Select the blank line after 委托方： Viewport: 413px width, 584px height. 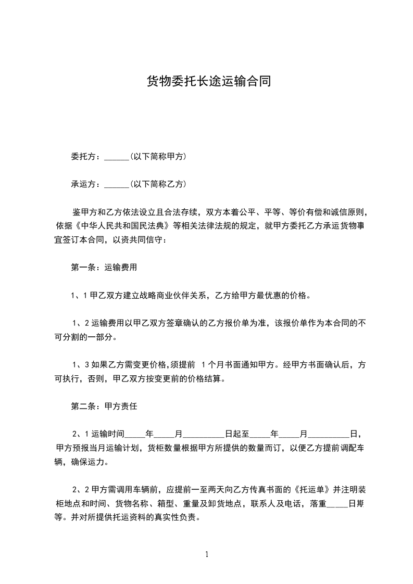[117, 157]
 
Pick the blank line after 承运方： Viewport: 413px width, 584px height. [117, 185]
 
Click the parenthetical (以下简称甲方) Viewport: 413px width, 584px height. [158, 156]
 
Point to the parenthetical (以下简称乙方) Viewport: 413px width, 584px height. [158, 184]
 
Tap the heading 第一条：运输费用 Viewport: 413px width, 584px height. [104, 268]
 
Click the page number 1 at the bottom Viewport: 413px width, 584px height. [207, 554]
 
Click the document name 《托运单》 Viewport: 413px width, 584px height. [311, 490]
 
